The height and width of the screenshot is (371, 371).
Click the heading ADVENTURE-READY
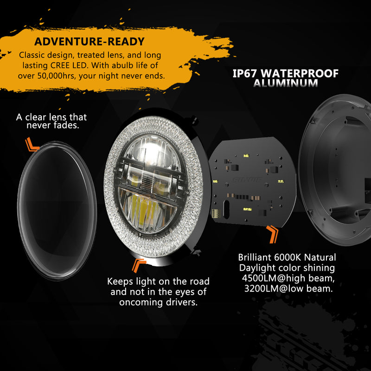[x=90, y=41]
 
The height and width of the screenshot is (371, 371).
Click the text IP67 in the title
[x=244, y=73]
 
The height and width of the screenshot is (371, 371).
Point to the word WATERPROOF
[x=300, y=73]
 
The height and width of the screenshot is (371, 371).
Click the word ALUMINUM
[x=286, y=83]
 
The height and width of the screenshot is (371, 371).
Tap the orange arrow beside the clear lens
[x=32, y=144]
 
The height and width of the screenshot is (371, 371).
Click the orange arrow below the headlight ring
[x=139, y=265]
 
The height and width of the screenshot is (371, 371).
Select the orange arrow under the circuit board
[x=272, y=234]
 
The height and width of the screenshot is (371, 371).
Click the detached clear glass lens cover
[x=57, y=211]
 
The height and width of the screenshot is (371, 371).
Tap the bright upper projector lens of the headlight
[x=152, y=149]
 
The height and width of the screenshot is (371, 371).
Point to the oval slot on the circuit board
[x=226, y=210]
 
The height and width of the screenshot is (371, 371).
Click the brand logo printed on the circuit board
[x=247, y=180]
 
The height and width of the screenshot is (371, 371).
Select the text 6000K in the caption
[x=287, y=257]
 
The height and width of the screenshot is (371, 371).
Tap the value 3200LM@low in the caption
[x=274, y=288]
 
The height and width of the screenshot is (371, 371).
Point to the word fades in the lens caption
[x=66, y=125]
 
